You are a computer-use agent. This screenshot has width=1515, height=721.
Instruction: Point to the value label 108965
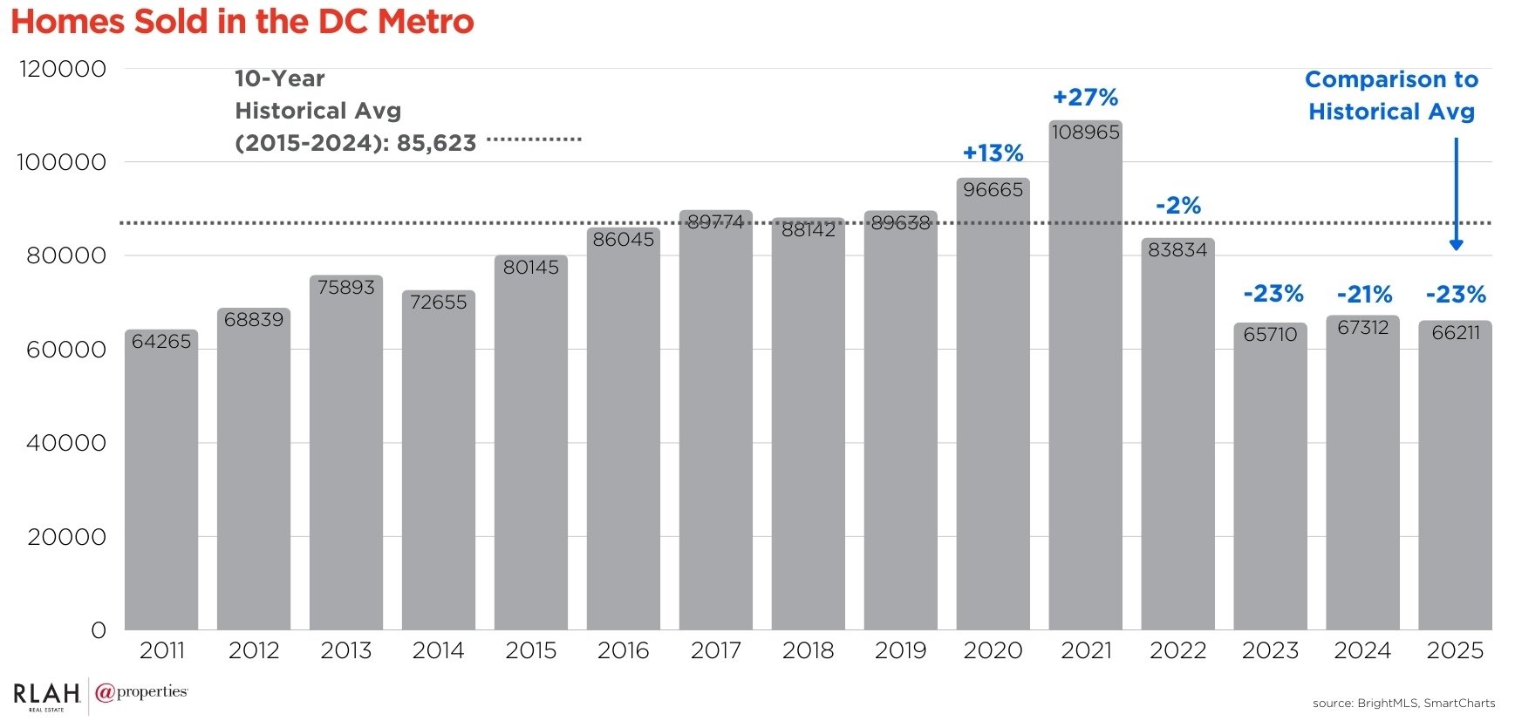pos(1085,133)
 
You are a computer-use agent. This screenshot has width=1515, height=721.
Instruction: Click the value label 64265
pos(161,342)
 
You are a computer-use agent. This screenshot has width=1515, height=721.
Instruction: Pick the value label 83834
pos(1177,250)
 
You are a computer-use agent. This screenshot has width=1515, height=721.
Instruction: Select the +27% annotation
pos(1085,98)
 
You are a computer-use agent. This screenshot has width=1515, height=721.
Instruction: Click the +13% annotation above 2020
pos(993,153)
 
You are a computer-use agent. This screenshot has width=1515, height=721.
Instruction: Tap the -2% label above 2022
pos(1177,206)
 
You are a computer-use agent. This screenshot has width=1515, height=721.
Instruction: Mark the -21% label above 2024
pos(1364,295)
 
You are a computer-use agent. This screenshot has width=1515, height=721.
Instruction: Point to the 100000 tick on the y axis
pos(61,162)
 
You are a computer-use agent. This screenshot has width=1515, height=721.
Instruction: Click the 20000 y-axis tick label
pos(66,537)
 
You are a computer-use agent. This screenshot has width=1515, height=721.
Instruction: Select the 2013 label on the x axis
pos(346,650)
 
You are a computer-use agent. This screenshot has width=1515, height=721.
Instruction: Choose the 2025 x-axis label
pos(1455,650)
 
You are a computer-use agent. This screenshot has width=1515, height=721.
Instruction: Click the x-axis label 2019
pos(900,650)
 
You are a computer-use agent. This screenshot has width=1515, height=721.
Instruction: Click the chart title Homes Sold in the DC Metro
pos(242,22)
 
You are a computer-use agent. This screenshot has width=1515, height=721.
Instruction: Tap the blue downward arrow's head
pos(1456,245)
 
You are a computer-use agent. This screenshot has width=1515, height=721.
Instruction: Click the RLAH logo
pos(46,695)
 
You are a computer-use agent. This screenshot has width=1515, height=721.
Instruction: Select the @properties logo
pos(141,693)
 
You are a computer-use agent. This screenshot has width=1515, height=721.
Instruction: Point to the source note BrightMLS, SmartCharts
pos(1403,703)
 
